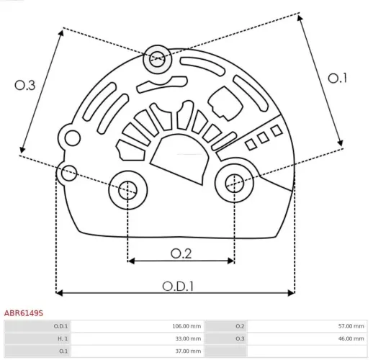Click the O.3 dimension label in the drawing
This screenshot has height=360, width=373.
click(25, 85)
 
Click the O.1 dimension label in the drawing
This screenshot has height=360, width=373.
click(338, 78)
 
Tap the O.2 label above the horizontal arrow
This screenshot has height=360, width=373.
click(181, 253)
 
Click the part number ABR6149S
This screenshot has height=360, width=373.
click(24, 313)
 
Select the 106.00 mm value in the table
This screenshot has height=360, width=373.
click(186, 326)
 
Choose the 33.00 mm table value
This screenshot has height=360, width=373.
click(187, 338)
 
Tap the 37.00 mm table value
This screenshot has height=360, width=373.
click(187, 351)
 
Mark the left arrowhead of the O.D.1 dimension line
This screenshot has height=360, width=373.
click(59, 293)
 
